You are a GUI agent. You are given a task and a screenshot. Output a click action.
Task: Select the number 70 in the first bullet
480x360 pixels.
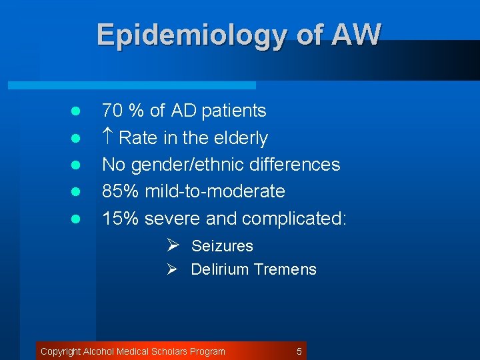(x=113, y=111)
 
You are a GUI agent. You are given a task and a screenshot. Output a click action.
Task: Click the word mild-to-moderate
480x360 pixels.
(x=213, y=191)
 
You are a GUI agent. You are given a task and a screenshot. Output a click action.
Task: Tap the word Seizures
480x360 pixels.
(x=222, y=246)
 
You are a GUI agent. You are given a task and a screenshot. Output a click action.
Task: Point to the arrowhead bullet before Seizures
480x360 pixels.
(x=172, y=245)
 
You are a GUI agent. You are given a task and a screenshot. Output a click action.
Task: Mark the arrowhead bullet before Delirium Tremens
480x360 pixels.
(x=172, y=269)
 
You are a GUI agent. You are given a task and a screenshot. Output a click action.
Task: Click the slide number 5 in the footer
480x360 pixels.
(x=299, y=351)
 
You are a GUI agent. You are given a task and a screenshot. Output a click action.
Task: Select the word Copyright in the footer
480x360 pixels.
(x=61, y=351)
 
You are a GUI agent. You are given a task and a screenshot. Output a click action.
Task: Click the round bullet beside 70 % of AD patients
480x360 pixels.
(x=76, y=111)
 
